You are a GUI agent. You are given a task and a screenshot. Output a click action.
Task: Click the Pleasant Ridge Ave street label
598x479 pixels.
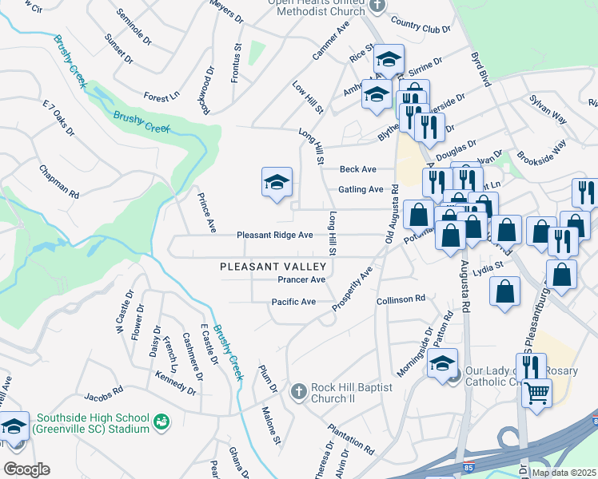(x=274, y=236)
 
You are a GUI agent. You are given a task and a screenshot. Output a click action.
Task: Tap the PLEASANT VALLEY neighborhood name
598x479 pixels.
(x=273, y=266)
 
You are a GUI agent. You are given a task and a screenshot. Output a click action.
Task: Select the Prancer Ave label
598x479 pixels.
(x=301, y=280)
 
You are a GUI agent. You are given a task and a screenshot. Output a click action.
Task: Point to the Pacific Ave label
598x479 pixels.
(x=293, y=303)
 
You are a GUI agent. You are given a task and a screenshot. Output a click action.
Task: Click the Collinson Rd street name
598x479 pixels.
(x=401, y=299)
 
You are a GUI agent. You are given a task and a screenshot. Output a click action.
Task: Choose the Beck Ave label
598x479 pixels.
(x=357, y=169)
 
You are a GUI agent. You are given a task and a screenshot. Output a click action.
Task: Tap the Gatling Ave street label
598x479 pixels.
(x=361, y=189)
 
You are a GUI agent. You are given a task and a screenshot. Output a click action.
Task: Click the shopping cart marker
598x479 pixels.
(x=537, y=392)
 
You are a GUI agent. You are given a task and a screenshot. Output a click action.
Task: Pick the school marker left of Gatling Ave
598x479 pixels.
(x=276, y=182)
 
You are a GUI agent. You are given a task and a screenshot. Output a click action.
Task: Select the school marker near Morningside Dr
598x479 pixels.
(x=442, y=363)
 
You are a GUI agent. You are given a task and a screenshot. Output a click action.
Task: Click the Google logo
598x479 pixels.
(x=26, y=469)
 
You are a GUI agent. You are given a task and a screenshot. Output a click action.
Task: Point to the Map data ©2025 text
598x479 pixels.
(x=563, y=473)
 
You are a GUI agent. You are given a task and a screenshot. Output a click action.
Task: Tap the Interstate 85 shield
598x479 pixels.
(x=468, y=466)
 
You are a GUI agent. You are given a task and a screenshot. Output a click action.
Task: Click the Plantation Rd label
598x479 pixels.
(x=351, y=439)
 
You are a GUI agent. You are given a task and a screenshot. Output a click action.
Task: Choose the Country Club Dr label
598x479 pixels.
(x=422, y=29)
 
